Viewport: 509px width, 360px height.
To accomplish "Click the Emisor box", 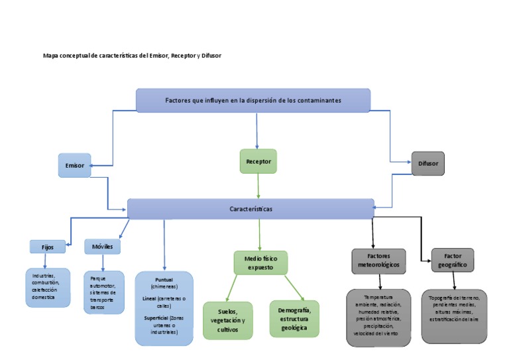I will (x=74, y=165).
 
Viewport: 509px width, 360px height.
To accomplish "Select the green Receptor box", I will (x=258, y=161).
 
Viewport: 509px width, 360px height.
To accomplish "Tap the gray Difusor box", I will (x=427, y=163).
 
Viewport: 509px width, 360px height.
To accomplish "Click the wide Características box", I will (x=251, y=209).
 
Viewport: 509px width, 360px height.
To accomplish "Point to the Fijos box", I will (x=48, y=247).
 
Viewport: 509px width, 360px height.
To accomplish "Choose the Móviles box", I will (x=102, y=247).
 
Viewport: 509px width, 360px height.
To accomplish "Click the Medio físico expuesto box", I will (x=260, y=263).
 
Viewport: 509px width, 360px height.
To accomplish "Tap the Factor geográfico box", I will (x=452, y=260).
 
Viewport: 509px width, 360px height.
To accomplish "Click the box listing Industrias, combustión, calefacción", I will (x=48, y=288).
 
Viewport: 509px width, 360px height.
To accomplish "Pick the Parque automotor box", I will (x=103, y=292).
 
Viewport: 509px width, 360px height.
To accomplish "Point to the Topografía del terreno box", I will (x=453, y=316).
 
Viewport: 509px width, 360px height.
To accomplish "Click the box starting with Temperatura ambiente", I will (x=378, y=317).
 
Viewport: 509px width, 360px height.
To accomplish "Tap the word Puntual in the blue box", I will (x=164, y=280).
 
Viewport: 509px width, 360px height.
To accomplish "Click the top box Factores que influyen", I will (x=253, y=100).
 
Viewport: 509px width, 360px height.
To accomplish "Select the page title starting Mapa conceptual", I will (x=132, y=56).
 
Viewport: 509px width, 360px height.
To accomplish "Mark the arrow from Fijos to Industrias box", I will (x=45, y=261).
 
